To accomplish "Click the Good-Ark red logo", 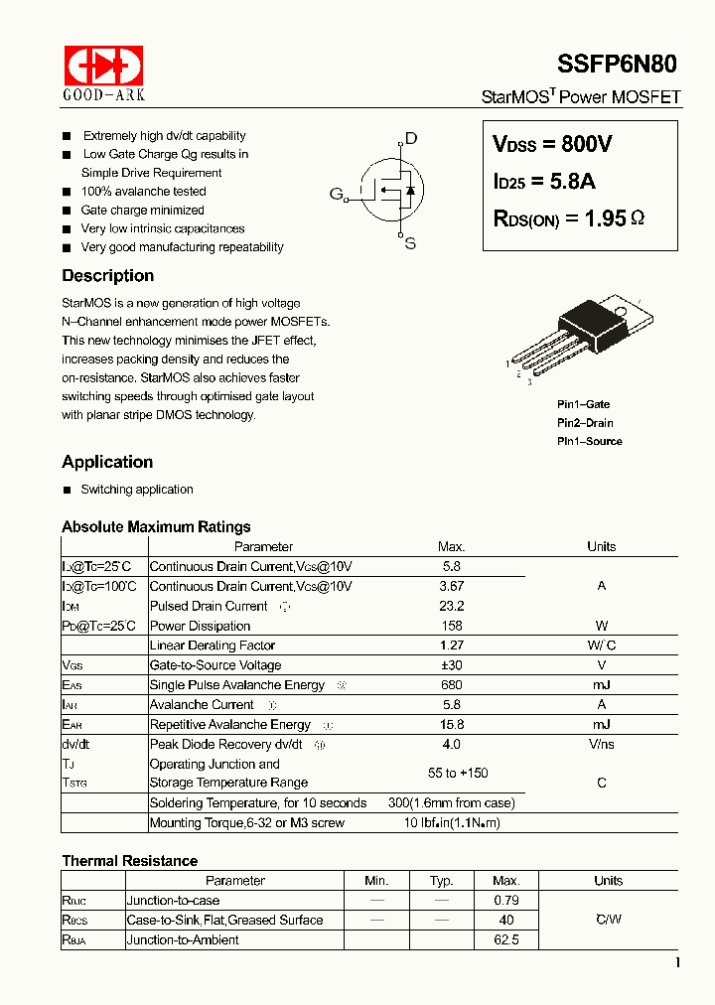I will [x=103, y=66].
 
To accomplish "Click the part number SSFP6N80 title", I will [x=618, y=64].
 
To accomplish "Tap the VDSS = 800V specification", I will [x=552, y=144].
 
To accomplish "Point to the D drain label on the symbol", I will [x=411, y=139].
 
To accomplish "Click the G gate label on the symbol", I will [x=336, y=194].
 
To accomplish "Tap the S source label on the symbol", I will [x=410, y=243].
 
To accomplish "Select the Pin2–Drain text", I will [x=585, y=423].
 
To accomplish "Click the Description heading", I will [x=107, y=276].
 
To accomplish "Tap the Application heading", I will [x=107, y=462].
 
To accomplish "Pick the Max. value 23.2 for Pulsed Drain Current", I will [x=451, y=606].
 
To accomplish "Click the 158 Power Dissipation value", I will [x=451, y=626].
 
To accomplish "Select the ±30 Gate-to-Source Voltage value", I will [x=451, y=665].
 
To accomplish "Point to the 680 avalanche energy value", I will [x=451, y=685].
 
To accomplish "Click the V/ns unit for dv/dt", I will [x=601, y=744].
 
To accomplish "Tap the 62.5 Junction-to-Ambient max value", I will [x=505, y=939].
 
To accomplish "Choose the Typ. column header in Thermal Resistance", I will [x=441, y=881].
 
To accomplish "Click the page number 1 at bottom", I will [x=677, y=962].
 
